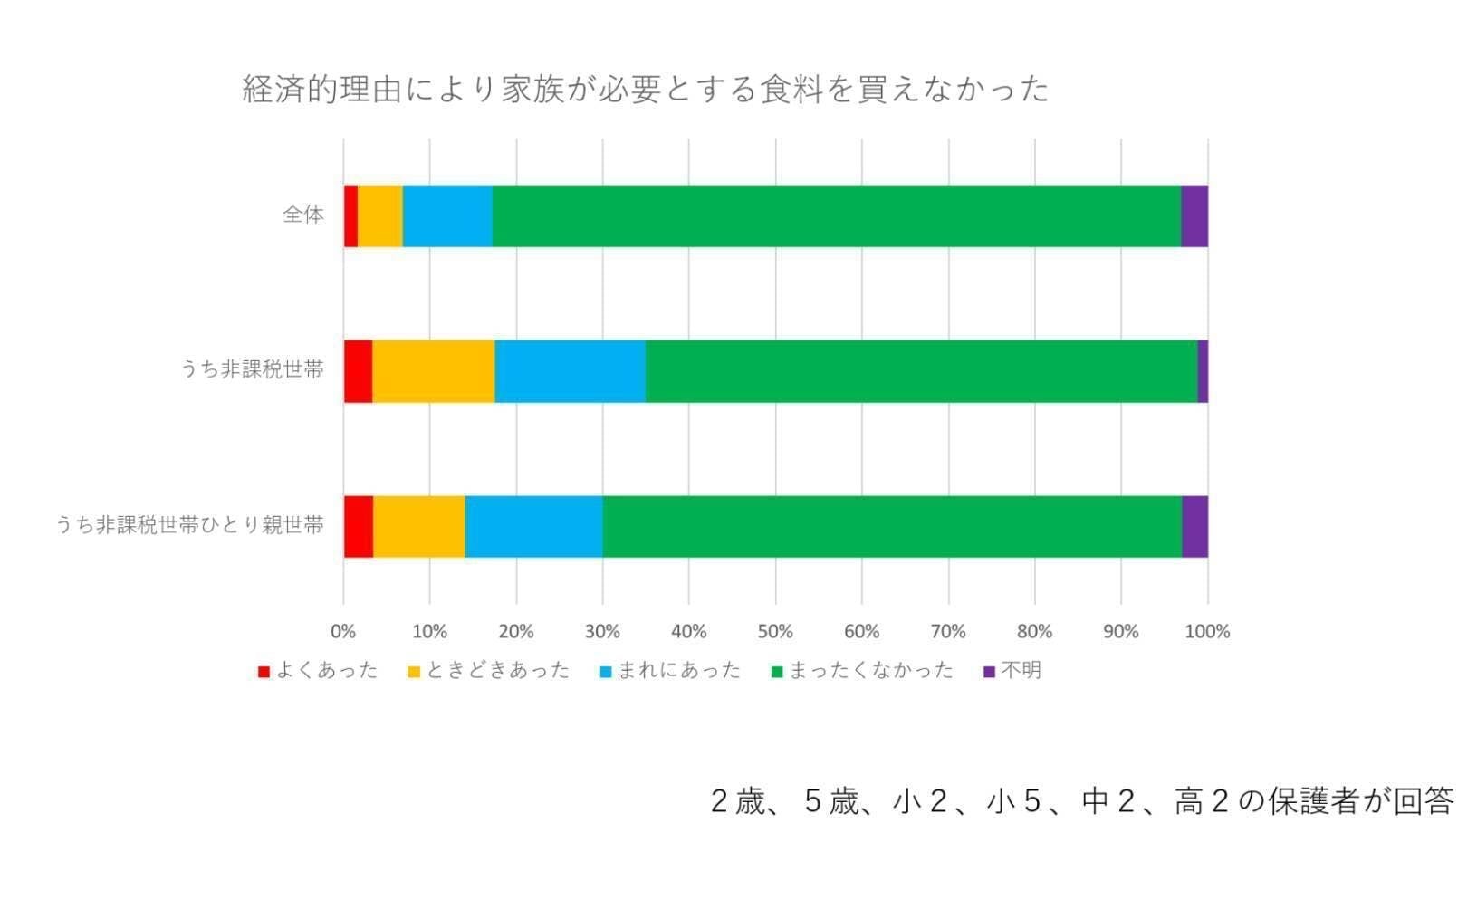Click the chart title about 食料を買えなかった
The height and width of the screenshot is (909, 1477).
[x=645, y=90]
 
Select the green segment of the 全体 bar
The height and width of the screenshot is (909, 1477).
[x=836, y=215]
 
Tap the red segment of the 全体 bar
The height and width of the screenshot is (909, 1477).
[x=350, y=215]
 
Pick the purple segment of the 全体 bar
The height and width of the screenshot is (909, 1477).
[x=1194, y=215]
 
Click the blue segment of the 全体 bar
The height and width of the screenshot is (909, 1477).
[x=447, y=215]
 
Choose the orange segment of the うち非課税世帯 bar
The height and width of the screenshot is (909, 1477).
[x=434, y=371]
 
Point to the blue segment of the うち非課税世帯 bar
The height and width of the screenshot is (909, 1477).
[x=570, y=371]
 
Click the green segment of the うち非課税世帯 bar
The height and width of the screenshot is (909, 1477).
[x=921, y=371]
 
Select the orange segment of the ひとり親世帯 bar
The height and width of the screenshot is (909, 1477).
[x=419, y=526]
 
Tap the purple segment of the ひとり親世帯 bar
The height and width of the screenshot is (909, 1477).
[x=1194, y=526]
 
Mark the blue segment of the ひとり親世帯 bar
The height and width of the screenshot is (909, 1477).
[x=533, y=526]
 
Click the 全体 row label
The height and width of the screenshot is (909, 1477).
[x=303, y=215]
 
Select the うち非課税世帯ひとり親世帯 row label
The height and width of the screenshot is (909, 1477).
[x=190, y=525]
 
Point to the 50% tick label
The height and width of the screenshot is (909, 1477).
[x=775, y=631]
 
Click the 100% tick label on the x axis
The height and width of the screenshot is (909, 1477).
[x=1207, y=631]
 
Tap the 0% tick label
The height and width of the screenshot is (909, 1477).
[x=343, y=631]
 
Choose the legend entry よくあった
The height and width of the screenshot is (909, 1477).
[x=318, y=671]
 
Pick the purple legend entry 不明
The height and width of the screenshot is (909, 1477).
[x=1012, y=671]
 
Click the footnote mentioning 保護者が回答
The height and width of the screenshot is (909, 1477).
[x=1082, y=801]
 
